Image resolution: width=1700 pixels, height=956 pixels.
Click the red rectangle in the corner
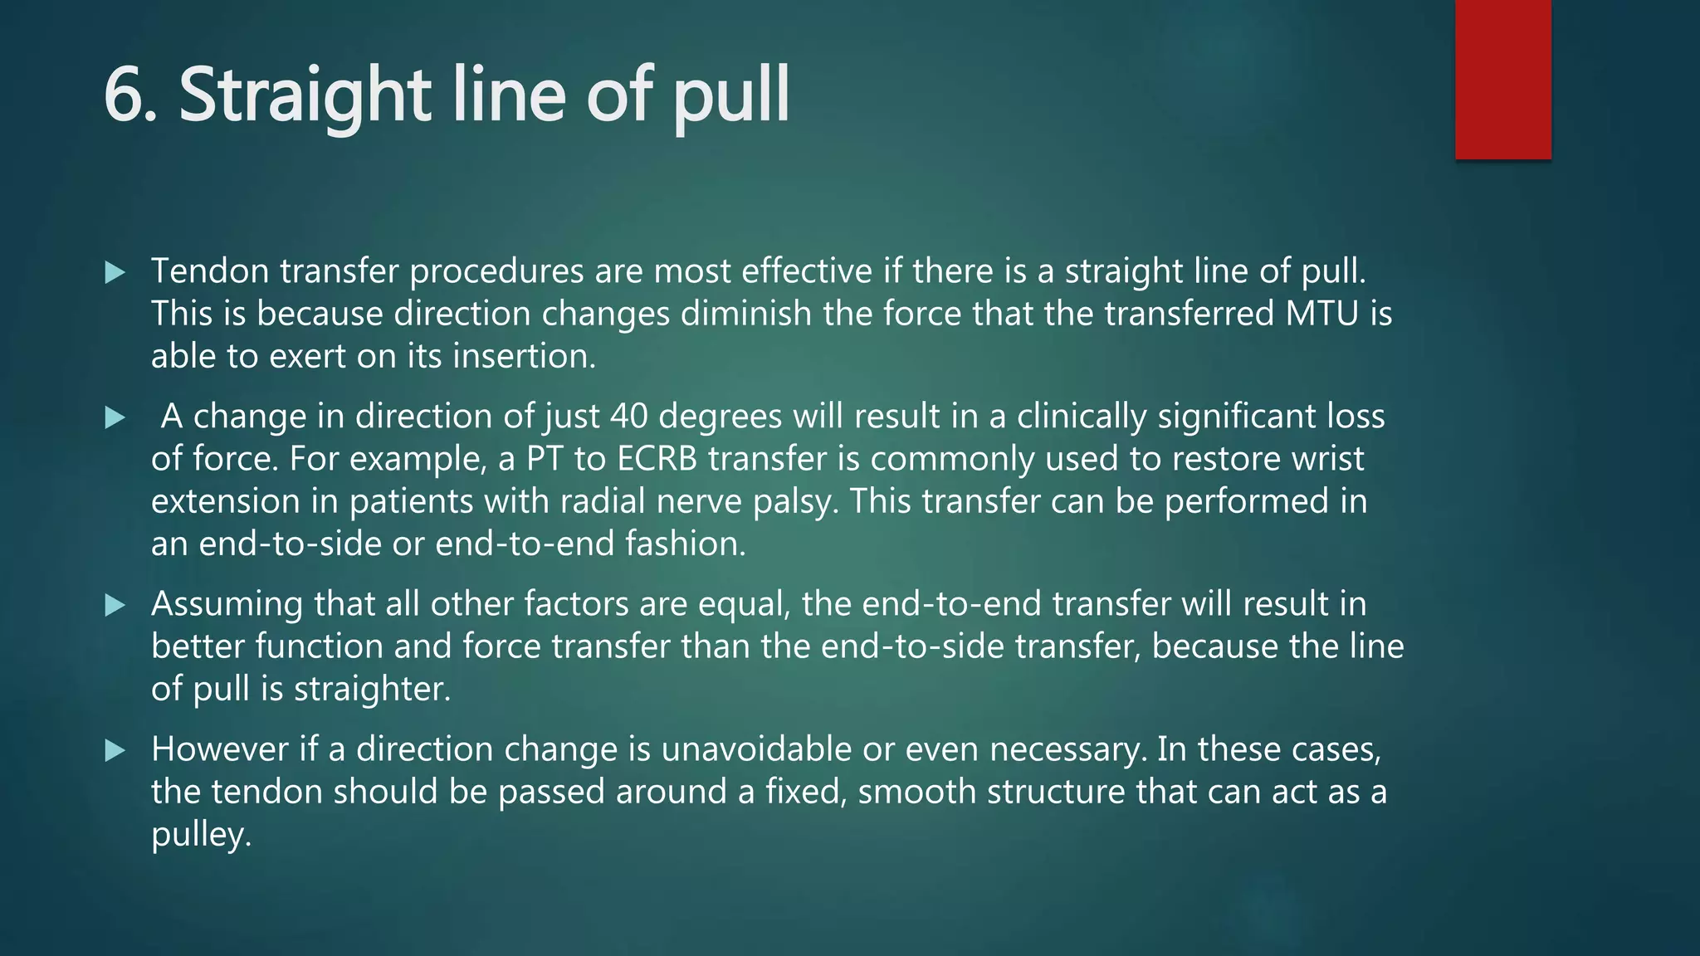(1502, 80)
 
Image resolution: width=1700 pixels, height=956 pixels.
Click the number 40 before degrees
(628, 417)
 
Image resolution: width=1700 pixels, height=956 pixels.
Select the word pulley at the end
(200, 835)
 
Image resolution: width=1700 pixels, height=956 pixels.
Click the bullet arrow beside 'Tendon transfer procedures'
(115, 272)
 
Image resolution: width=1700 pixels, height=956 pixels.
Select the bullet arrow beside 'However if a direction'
(115, 751)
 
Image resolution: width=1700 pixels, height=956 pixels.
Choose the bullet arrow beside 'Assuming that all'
(115, 605)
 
